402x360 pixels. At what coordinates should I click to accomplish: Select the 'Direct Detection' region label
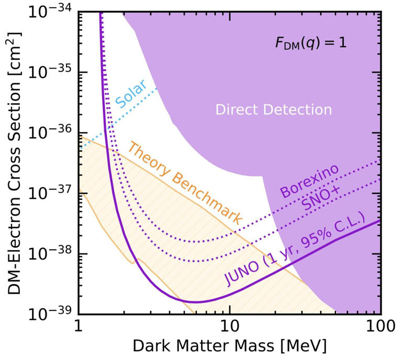click(274, 110)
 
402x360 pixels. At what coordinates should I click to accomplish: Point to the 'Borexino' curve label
click(308, 180)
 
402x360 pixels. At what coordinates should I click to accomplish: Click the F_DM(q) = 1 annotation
click(311, 43)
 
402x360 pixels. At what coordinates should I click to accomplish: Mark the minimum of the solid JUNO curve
click(196, 302)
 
